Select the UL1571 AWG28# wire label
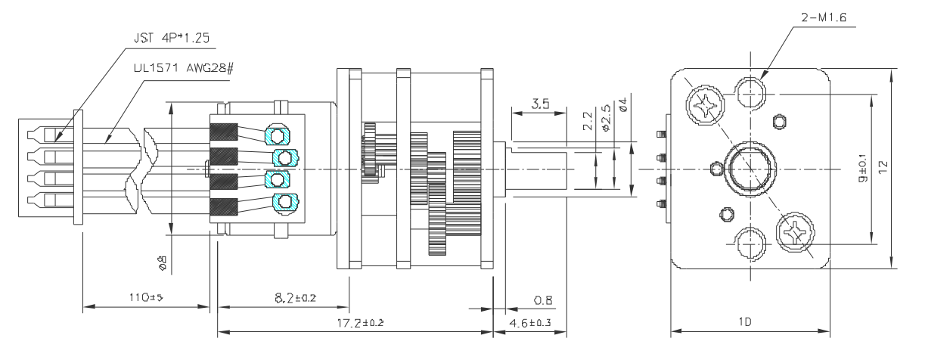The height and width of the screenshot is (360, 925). point(173,67)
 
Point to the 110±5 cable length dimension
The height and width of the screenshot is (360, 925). point(142,298)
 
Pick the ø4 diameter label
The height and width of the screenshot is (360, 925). point(622,104)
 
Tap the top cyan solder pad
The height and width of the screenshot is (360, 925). point(277,135)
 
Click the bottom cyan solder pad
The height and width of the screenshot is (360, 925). point(284,201)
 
